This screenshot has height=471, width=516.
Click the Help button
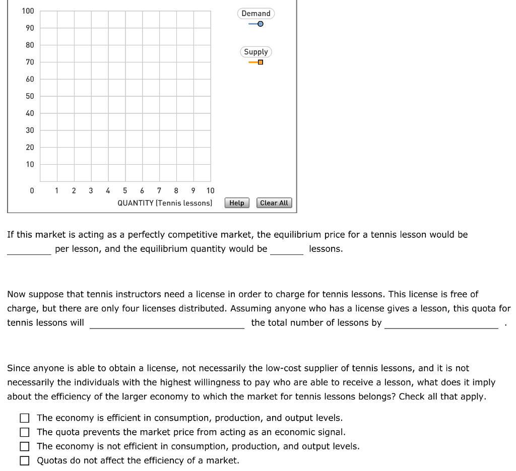237,203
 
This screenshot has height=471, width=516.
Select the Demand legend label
256,14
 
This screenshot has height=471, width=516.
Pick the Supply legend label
256,52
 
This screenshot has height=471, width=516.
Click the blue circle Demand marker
260,24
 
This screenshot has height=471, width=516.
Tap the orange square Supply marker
260,62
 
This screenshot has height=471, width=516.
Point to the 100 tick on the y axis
28,11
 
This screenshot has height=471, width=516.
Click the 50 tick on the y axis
30,96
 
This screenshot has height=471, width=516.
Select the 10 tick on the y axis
30,164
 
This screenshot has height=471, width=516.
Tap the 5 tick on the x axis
125,190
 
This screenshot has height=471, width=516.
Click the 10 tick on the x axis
210,190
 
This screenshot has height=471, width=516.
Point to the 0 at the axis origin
32,190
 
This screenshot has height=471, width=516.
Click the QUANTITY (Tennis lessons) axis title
165,203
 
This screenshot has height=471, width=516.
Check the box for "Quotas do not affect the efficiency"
24,460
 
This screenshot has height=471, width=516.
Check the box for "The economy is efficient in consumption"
24,418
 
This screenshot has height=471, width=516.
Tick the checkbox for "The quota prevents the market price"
24,432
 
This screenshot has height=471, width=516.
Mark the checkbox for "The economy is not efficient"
24,446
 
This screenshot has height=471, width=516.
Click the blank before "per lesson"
29,249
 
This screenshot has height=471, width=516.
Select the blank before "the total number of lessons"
167,323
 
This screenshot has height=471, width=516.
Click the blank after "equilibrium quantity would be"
287,249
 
